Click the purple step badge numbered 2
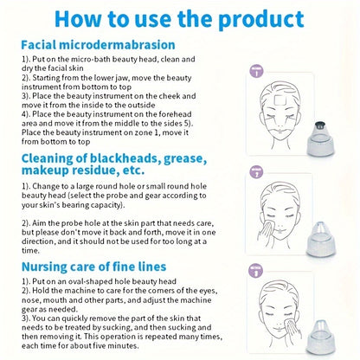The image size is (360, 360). (255, 171)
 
